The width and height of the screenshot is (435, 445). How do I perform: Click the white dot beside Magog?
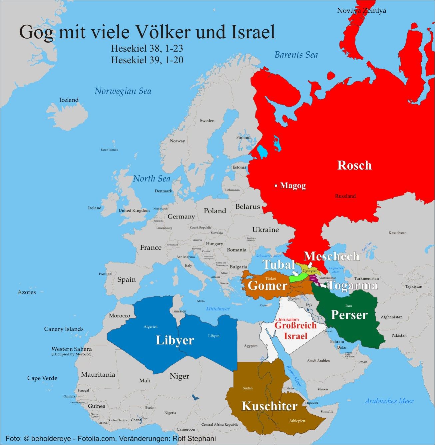276,186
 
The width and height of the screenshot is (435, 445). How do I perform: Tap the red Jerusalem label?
287,319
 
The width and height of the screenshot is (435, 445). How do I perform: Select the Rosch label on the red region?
354,165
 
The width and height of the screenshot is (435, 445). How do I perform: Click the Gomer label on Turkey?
267,285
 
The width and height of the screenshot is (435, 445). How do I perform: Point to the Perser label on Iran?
349,314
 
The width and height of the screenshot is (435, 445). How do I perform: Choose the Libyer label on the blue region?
175,340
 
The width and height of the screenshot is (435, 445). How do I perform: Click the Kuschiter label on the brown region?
269,406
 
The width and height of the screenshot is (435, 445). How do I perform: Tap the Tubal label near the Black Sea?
279,264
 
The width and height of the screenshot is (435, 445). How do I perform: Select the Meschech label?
331,256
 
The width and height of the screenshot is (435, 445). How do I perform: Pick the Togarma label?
353,285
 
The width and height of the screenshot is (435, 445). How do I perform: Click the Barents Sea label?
296,55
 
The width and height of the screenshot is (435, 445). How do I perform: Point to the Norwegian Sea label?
123,91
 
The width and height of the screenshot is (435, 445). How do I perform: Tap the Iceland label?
69,100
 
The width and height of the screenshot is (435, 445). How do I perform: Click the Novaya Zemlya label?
361,11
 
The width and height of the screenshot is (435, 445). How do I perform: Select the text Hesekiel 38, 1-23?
147,49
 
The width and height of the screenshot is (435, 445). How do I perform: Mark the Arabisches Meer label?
389,401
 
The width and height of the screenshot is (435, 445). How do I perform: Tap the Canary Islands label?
64,329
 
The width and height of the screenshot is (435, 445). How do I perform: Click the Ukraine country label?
265,230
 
